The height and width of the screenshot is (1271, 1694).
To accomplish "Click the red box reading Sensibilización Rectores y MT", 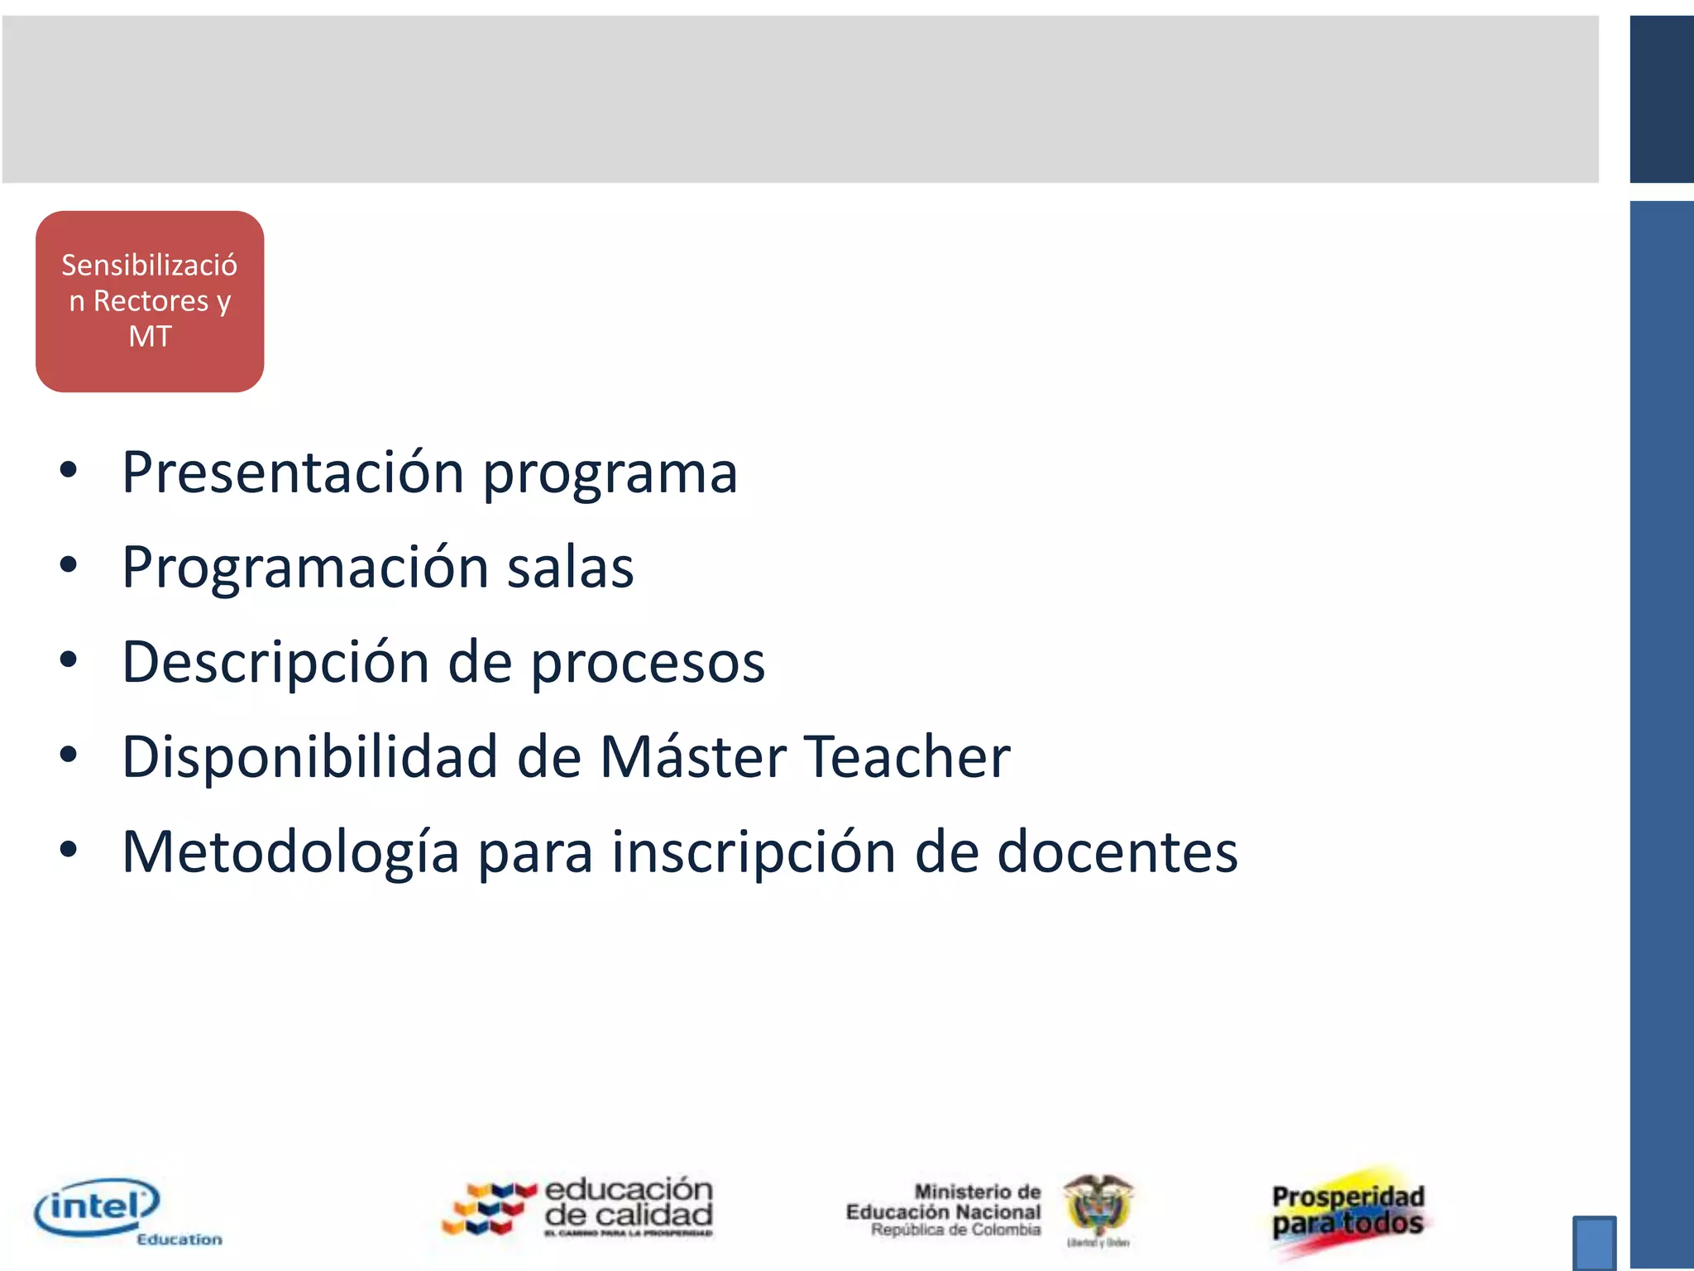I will coord(150,301).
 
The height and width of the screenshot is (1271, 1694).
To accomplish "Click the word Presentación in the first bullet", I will coord(293,472).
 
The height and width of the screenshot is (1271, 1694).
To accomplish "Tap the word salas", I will coord(570,568).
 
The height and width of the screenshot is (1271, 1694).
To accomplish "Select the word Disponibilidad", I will coord(309,757).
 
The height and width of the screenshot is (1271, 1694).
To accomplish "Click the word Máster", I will coord(693,757).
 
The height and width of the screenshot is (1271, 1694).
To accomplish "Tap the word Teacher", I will coord(907,757).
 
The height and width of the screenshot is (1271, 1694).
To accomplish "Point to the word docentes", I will coord(1117,852).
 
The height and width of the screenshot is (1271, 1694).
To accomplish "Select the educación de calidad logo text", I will coord(629,1204).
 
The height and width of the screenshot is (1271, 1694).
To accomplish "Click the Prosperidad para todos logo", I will coord(1348,1211).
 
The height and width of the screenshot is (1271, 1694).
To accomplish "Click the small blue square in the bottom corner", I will coord(1594,1242).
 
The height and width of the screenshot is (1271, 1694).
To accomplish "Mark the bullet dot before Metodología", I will coord(69,850).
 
